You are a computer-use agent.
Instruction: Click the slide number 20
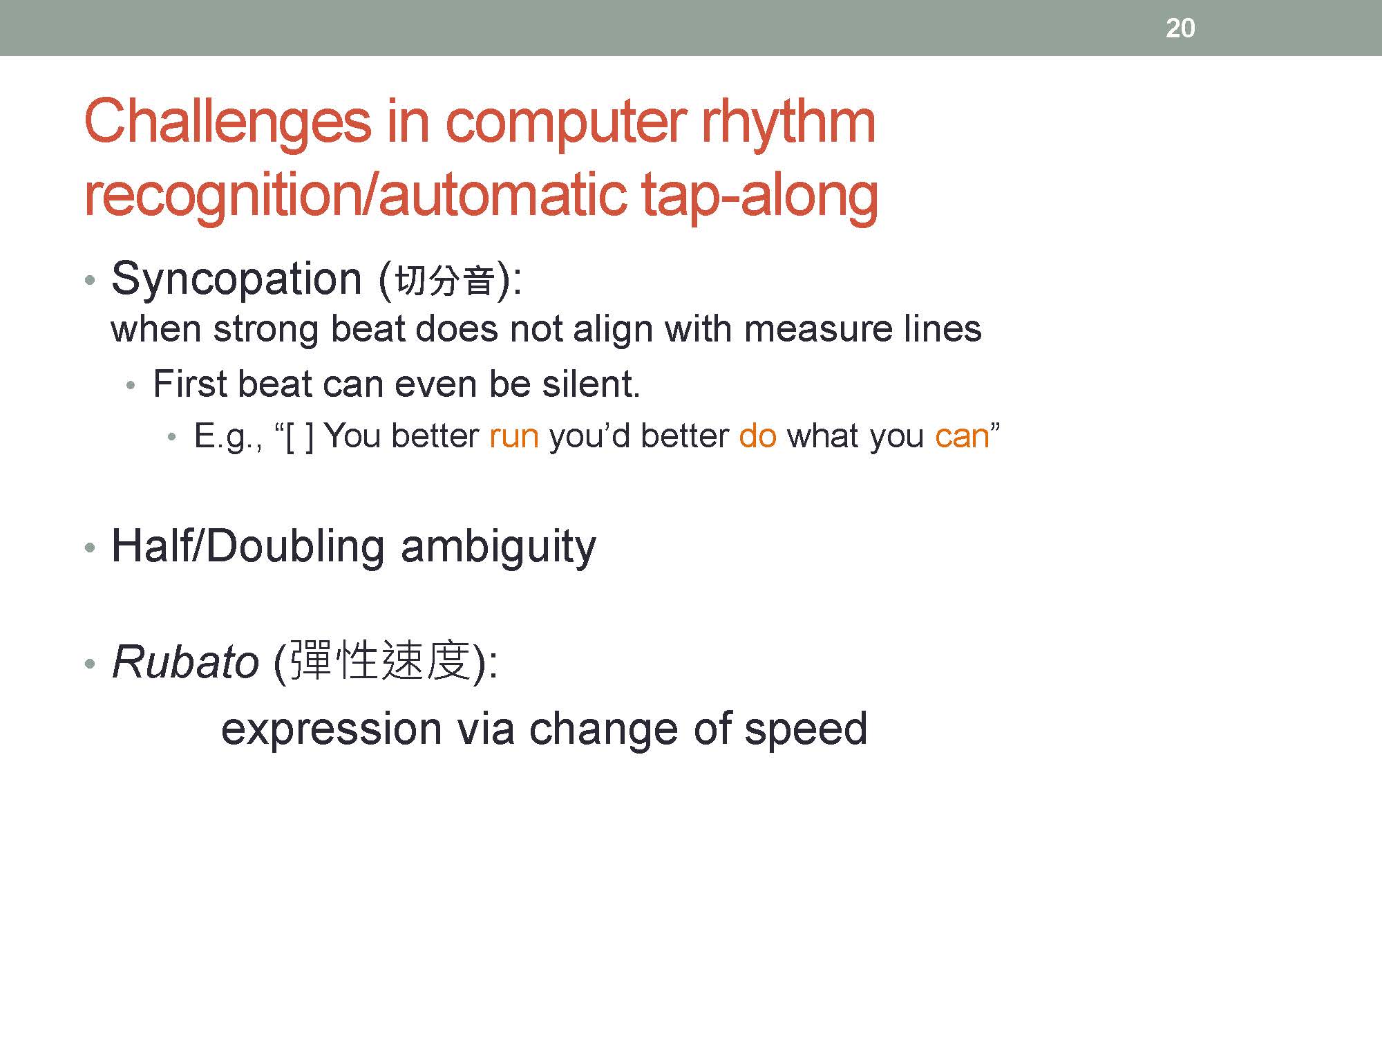coord(1180,28)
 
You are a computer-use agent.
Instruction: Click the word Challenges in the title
coord(228,122)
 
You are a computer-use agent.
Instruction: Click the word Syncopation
coord(236,280)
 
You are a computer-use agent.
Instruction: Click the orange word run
coord(514,437)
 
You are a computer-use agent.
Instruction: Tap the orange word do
coord(758,436)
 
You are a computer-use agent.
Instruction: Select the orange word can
coord(962,437)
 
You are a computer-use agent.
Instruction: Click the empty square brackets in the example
coord(300,437)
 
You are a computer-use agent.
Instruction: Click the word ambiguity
coord(498,548)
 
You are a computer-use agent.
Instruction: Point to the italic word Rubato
coord(185,662)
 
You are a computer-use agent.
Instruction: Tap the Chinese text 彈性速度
coord(380,662)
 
